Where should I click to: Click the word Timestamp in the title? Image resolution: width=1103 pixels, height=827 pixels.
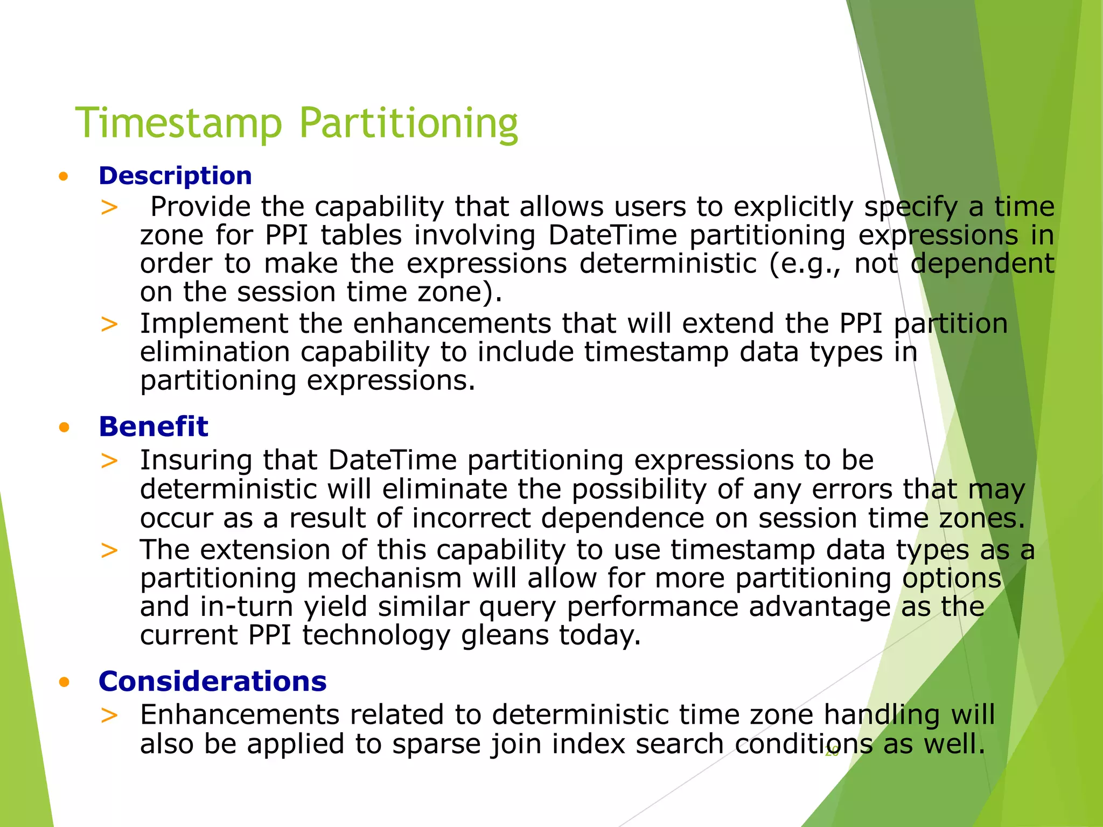178,123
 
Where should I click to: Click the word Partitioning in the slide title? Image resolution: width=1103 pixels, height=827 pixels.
408,123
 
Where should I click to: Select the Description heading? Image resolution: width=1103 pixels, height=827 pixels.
175,176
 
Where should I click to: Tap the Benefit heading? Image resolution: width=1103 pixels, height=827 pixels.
153,427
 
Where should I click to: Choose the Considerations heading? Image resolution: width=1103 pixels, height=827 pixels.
212,682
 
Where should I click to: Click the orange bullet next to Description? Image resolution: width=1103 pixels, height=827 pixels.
64,177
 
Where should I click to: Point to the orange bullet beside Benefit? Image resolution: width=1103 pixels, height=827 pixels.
64,428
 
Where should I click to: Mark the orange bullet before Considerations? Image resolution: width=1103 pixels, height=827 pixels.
64,683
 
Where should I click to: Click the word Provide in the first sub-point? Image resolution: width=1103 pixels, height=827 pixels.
200,207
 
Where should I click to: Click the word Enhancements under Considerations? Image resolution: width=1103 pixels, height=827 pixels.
240,715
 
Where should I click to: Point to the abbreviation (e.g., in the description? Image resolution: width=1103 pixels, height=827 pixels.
805,264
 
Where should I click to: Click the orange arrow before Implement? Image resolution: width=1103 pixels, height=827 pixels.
109,324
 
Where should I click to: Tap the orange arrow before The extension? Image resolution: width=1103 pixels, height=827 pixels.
109,550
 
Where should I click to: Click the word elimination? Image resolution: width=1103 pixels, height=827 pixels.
214,352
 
